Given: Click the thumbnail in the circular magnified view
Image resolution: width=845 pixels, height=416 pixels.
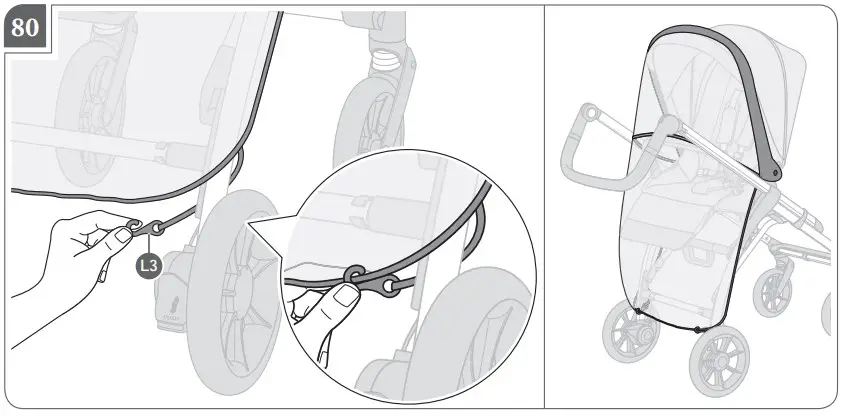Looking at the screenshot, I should pyautogui.click(x=346, y=296).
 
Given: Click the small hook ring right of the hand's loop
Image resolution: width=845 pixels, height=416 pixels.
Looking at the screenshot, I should pyautogui.click(x=156, y=228).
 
